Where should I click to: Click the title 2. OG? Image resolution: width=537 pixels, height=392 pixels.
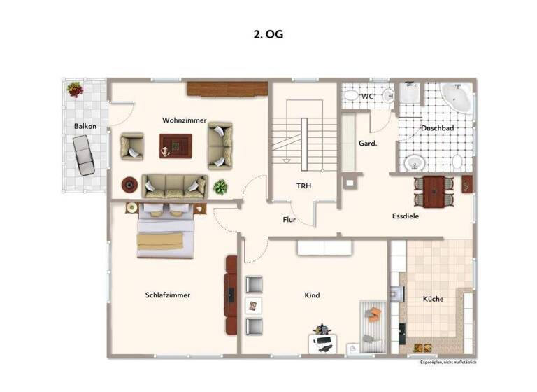click(x=268, y=34)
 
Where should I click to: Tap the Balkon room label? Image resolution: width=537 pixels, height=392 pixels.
click(x=85, y=126)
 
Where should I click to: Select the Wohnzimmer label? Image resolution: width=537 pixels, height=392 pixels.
click(x=184, y=120)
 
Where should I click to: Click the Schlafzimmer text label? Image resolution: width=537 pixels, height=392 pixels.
click(x=167, y=295)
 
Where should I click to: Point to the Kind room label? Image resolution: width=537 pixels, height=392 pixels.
click(x=312, y=295)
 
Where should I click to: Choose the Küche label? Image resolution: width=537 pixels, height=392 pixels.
click(x=433, y=299)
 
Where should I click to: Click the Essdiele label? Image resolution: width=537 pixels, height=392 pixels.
click(x=405, y=216)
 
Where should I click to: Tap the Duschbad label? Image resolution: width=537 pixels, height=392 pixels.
click(x=438, y=129)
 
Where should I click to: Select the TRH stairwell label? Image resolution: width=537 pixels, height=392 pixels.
click(x=303, y=186)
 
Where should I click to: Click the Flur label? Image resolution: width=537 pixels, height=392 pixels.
click(x=289, y=219)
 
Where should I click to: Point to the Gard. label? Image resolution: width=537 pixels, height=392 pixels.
click(x=368, y=143)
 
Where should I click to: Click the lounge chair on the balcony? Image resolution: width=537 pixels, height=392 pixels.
click(x=84, y=155)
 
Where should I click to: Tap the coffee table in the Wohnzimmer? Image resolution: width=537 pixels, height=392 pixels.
click(x=175, y=146)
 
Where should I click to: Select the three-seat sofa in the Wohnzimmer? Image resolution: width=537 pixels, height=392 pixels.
click(x=174, y=186)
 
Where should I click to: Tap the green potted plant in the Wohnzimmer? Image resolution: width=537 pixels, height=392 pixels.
click(x=220, y=187)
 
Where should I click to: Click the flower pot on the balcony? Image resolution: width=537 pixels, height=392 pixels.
click(x=74, y=89)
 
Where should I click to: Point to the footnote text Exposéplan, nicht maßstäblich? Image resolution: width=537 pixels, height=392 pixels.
click(x=448, y=362)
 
